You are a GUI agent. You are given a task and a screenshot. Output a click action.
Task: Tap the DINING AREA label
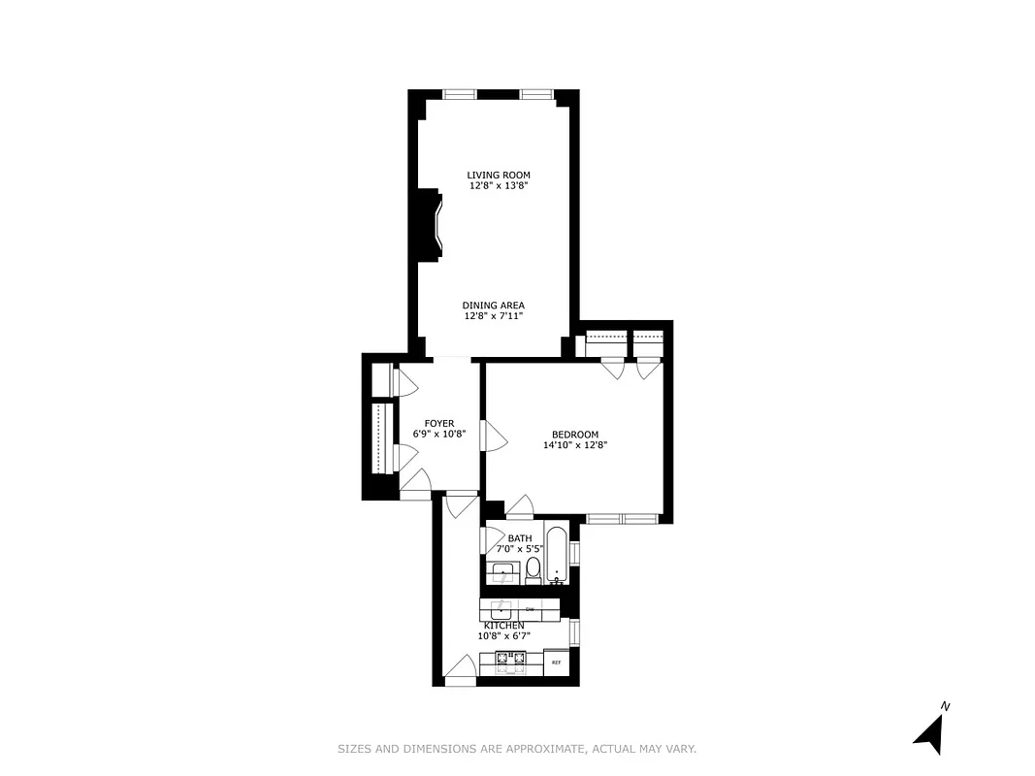point(493,306)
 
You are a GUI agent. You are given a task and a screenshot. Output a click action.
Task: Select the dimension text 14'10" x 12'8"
point(574,445)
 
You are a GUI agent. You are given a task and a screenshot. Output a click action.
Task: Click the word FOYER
point(439,424)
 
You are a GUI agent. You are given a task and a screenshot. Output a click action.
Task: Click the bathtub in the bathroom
point(557,555)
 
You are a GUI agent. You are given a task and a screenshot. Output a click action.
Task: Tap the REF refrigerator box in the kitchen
point(557,663)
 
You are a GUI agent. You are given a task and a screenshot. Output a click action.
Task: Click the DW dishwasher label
point(531,609)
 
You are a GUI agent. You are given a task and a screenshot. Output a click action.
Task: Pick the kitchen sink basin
point(501,610)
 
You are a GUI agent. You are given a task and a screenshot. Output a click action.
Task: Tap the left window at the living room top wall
point(460,95)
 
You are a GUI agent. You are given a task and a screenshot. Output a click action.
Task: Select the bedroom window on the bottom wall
point(620,519)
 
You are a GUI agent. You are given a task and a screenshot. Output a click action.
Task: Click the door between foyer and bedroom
point(495,436)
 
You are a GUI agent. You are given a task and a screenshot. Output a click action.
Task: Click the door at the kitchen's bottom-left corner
point(460,670)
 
